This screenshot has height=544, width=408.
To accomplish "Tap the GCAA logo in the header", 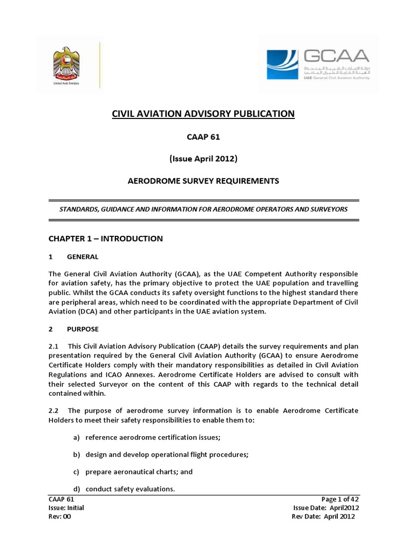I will tap(318, 64).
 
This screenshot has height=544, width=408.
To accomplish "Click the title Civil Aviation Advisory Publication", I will tap(202, 113).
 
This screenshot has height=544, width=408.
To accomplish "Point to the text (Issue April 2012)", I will tap(203, 158).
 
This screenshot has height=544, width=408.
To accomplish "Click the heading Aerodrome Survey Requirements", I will tap(203, 181).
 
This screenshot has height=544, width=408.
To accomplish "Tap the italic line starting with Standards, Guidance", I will tap(203, 209).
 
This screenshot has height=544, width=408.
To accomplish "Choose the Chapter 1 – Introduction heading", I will tap(106, 239).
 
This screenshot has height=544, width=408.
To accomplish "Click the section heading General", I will tap(82, 257).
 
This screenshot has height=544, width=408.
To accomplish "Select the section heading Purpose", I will tap(83, 329).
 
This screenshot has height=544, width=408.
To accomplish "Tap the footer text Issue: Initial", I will tap(66, 508).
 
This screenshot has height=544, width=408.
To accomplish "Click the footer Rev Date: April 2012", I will tap(324, 516).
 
